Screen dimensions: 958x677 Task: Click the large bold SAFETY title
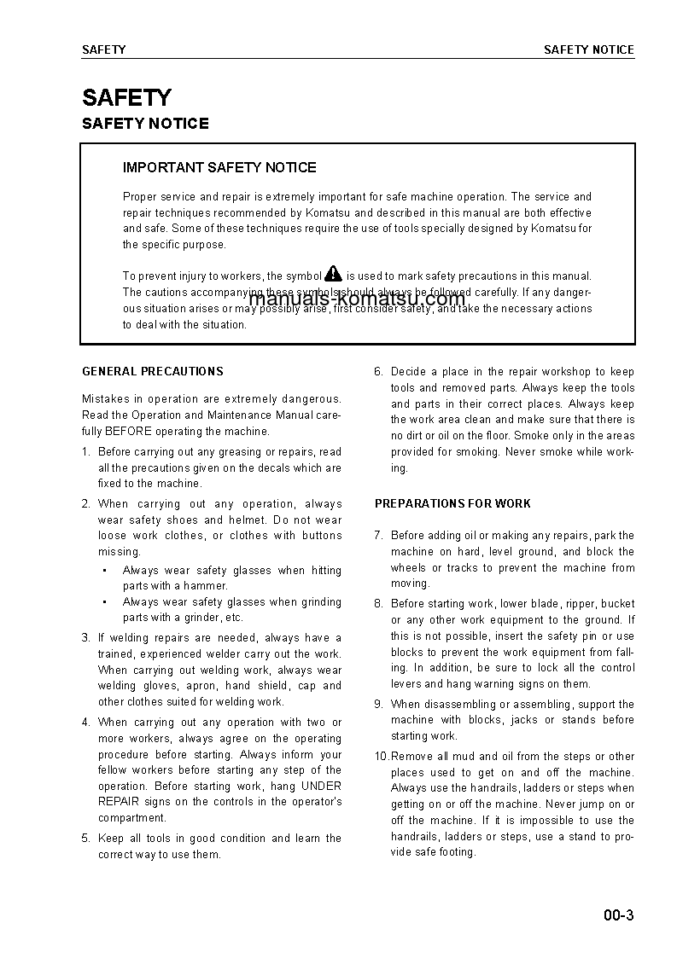(x=126, y=97)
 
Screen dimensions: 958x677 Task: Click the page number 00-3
(x=618, y=917)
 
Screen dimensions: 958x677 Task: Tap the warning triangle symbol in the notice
(x=333, y=274)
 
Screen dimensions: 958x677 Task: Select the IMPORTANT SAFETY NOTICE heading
(x=219, y=168)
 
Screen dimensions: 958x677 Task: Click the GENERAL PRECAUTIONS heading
(x=153, y=372)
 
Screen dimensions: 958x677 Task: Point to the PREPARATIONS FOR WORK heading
(x=452, y=504)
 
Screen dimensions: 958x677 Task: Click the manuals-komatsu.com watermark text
(x=357, y=299)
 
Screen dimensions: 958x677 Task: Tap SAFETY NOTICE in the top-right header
(x=589, y=50)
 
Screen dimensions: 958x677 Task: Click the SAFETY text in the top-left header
(x=103, y=50)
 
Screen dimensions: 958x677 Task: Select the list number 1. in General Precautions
(x=86, y=452)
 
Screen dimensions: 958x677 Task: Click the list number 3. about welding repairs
(x=86, y=638)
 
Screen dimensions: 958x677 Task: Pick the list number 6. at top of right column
(x=379, y=372)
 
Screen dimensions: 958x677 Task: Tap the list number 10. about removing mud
(x=382, y=757)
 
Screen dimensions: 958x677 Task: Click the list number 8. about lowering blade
(x=379, y=604)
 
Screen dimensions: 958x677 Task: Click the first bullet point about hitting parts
(x=104, y=571)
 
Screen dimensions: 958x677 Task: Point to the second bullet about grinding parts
(x=104, y=602)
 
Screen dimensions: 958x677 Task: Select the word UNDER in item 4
(x=322, y=787)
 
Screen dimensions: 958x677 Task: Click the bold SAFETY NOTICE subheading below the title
(x=145, y=124)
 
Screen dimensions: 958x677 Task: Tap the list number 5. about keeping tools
(x=86, y=839)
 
